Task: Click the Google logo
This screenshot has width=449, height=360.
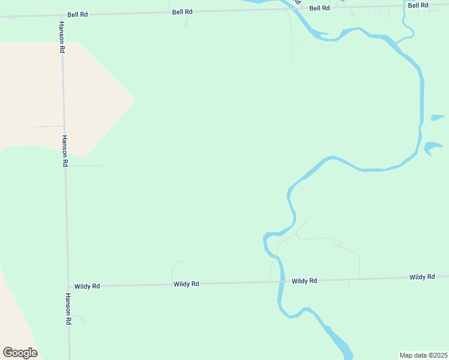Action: pos(20,353)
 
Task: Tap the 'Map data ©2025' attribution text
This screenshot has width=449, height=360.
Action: pos(423,355)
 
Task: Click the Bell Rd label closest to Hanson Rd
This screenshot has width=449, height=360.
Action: pos(77,14)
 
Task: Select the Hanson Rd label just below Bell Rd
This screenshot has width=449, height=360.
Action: pos(61,37)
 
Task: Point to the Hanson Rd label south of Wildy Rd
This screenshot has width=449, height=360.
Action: pos(68,309)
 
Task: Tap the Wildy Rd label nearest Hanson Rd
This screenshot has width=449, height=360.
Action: pos(87,286)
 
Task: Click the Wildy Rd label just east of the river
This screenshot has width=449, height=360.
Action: pos(304,281)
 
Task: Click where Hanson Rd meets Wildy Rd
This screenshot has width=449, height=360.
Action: pos(67,286)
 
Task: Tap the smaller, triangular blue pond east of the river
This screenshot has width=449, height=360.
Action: pos(437,118)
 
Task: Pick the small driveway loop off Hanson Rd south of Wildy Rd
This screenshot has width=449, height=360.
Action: pos(80,320)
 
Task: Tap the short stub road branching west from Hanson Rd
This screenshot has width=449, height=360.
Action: pos(48,127)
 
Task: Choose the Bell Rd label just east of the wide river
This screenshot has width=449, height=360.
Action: pos(319,8)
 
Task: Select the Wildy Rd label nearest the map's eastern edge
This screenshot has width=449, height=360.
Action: pos(422,277)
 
